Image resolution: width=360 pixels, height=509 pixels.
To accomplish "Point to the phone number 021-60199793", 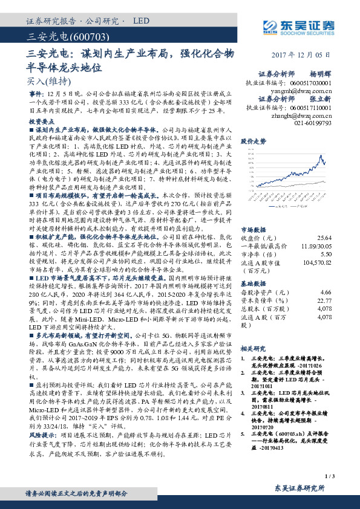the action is (x=312, y=122).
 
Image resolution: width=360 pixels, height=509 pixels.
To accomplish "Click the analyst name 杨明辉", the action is (x=321, y=71).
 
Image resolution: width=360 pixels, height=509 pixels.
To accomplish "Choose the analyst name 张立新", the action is (x=321, y=99).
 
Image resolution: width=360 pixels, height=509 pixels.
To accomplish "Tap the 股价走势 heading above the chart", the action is (x=253, y=141).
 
